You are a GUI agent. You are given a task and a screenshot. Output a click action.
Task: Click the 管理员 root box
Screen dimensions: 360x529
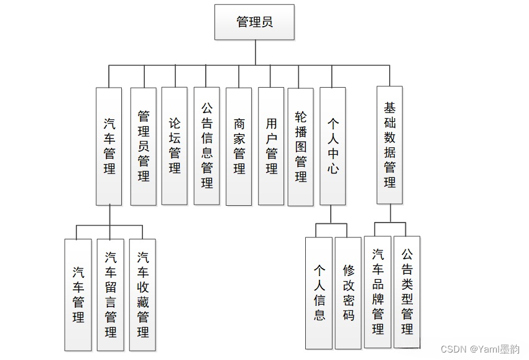click(x=254, y=22)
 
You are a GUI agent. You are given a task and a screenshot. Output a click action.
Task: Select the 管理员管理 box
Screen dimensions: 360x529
click(x=144, y=146)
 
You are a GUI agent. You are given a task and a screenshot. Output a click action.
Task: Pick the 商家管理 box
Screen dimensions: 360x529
click(x=239, y=146)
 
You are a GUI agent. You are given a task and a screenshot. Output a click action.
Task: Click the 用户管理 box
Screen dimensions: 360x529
click(x=271, y=146)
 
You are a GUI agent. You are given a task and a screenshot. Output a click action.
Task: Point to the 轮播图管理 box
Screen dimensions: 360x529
click(x=301, y=147)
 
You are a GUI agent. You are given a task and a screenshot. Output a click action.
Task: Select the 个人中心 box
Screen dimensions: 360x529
click(x=333, y=146)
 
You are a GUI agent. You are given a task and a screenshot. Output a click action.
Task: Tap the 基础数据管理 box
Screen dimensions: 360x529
click(x=390, y=145)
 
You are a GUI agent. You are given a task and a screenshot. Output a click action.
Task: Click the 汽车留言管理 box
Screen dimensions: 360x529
click(x=111, y=295)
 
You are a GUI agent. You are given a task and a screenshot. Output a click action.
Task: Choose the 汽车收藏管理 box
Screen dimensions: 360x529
click(x=143, y=295)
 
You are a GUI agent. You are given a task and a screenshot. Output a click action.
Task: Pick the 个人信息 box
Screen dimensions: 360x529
click(x=320, y=293)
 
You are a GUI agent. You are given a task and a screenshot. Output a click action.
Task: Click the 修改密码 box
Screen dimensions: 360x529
click(x=349, y=293)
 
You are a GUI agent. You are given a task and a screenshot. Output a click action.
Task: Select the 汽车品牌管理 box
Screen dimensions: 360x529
click(x=378, y=292)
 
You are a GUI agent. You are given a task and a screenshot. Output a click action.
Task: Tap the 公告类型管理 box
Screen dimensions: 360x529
click(x=407, y=292)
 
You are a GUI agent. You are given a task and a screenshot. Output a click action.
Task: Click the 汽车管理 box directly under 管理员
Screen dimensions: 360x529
click(x=109, y=146)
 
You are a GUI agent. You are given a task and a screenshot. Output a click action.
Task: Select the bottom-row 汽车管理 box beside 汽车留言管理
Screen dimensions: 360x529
click(x=78, y=295)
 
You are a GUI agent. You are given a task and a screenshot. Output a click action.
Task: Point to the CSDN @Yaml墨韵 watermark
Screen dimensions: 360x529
click(x=480, y=349)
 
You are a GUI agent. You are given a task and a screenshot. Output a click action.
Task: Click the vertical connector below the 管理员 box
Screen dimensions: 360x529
click(x=255, y=52)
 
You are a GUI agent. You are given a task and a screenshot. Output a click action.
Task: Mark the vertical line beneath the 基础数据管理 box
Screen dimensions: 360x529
click(x=390, y=213)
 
